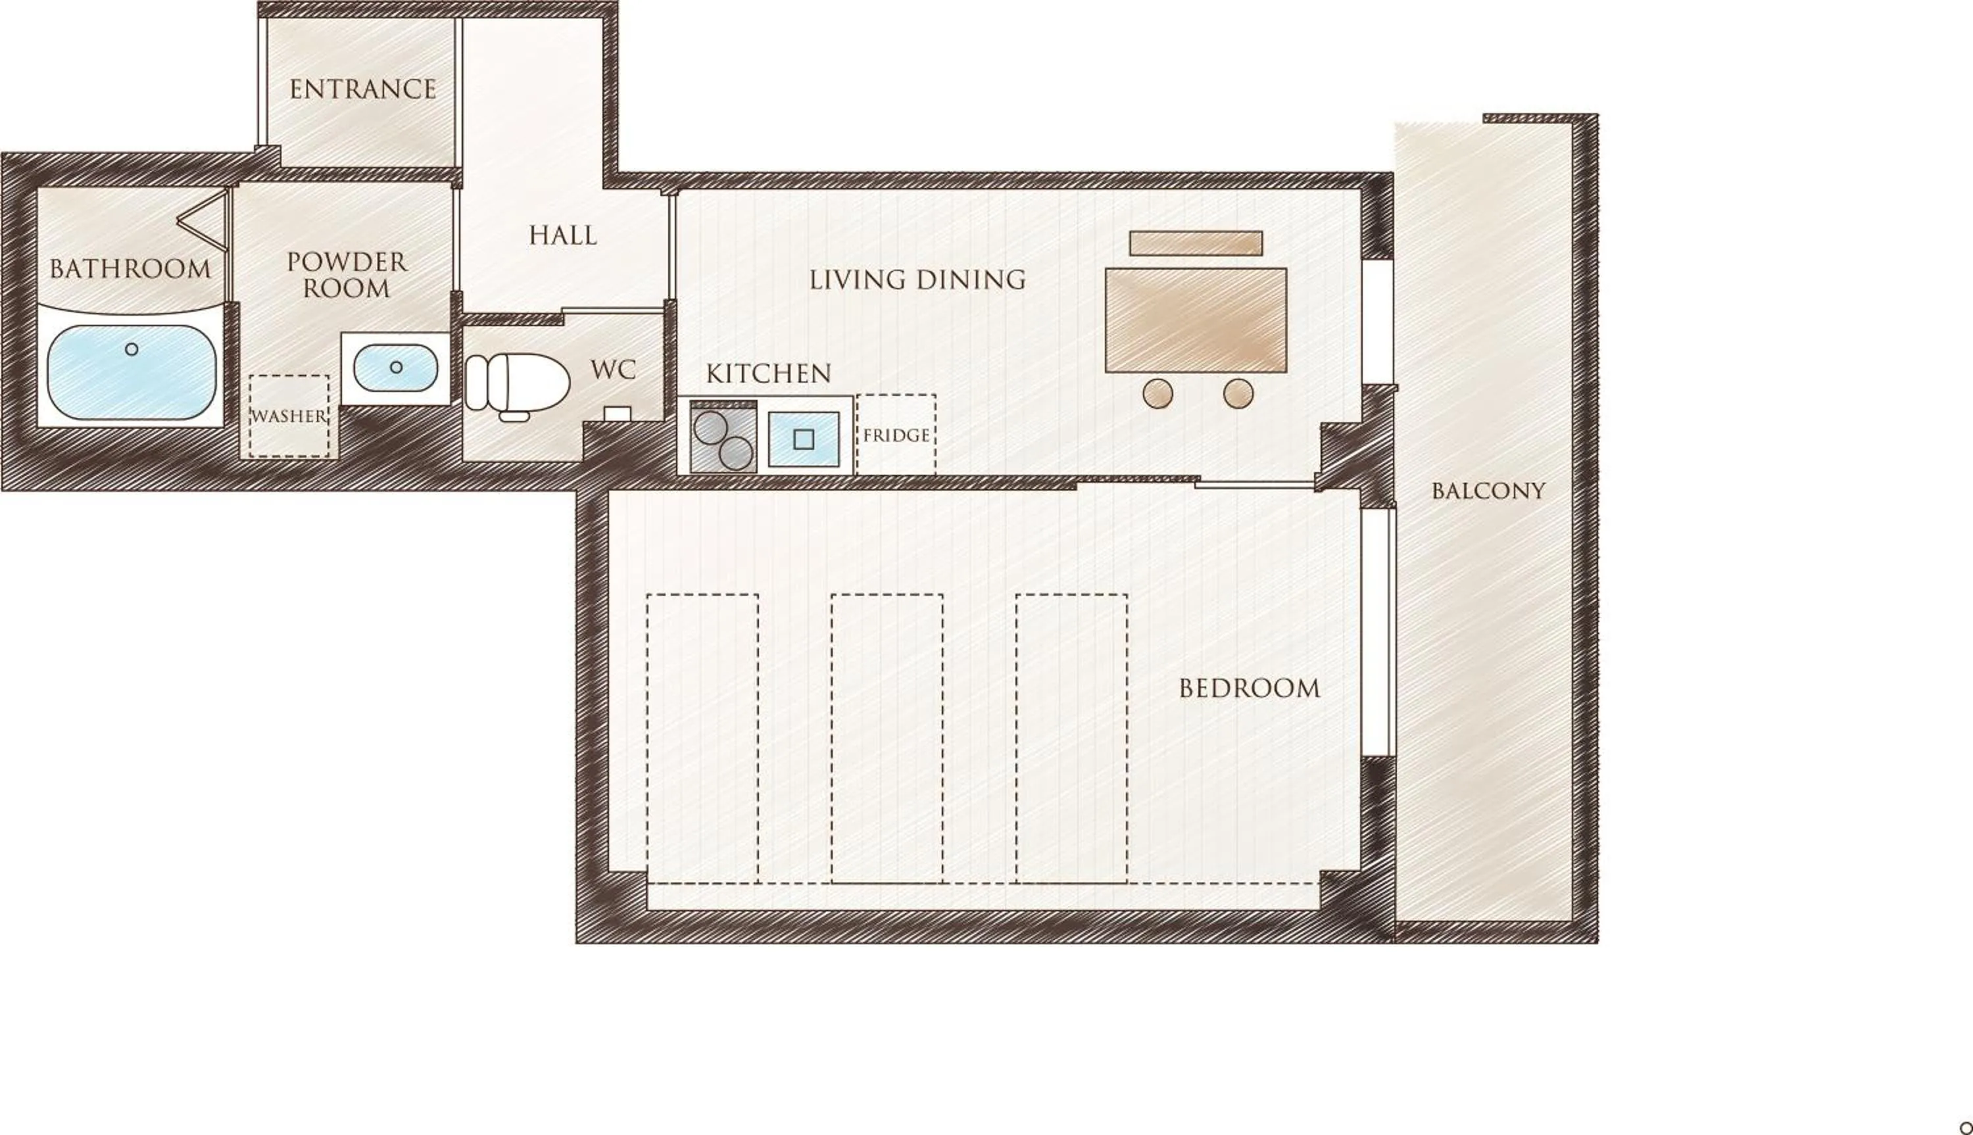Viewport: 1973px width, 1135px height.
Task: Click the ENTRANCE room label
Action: point(362,89)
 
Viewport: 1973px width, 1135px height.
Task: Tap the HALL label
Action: point(562,235)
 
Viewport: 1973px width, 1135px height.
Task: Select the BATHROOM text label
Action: point(130,270)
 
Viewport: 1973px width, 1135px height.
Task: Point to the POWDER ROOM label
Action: point(347,275)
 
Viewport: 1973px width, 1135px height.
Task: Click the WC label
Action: point(614,370)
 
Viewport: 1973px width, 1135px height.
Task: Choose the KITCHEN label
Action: point(769,374)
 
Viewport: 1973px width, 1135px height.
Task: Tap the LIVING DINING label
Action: point(917,280)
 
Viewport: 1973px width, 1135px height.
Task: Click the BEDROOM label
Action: point(1249,688)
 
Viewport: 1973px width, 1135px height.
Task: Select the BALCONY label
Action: point(1488,491)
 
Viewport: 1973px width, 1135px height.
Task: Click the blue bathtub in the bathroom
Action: point(132,373)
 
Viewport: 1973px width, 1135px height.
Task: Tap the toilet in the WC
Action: point(516,383)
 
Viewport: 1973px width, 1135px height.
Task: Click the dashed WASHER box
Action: point(289,416)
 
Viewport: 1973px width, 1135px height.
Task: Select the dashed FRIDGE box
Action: point(896,434)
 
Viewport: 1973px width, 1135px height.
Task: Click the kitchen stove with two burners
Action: point(723,439)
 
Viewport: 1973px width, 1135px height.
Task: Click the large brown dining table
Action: point(1195,320)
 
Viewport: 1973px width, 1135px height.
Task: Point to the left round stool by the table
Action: point(1157,394)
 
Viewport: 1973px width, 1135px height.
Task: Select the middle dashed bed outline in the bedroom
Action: point(887,738)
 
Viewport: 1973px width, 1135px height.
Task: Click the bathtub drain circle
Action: point(132,349)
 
